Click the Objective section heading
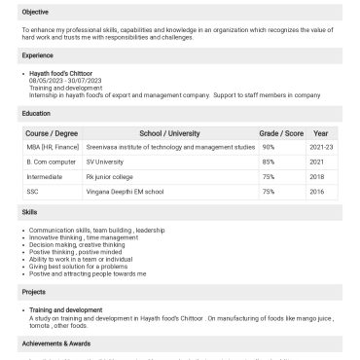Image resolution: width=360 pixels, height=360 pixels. (x=36, y=12)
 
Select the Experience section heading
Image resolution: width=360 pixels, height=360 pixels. (x=38, y=56)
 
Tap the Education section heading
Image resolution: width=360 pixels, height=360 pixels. (x=37, y=114)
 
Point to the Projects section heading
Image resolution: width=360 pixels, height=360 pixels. (x=35, y=292)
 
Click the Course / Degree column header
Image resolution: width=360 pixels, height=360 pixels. (x=52, y=132)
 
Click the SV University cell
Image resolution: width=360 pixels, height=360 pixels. (x=107, y=161)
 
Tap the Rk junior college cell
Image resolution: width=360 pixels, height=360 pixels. (x=109, y=176)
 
